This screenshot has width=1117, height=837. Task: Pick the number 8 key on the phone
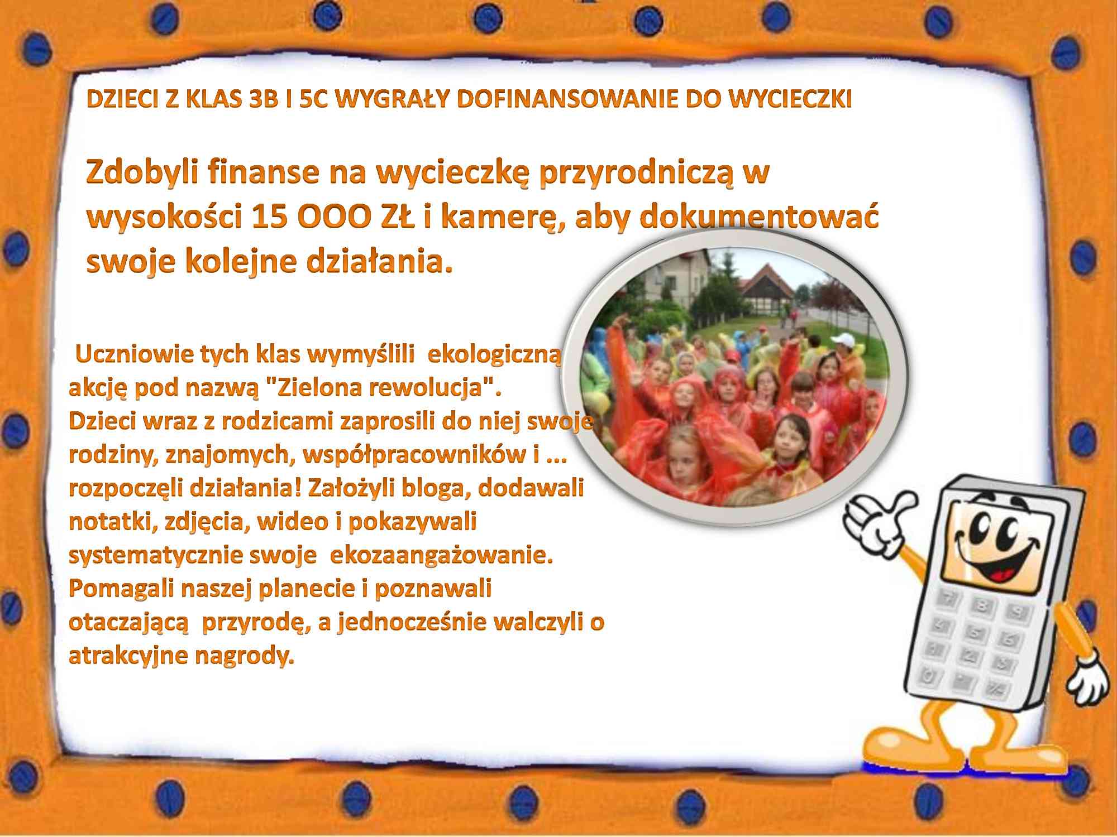point(981,605)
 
